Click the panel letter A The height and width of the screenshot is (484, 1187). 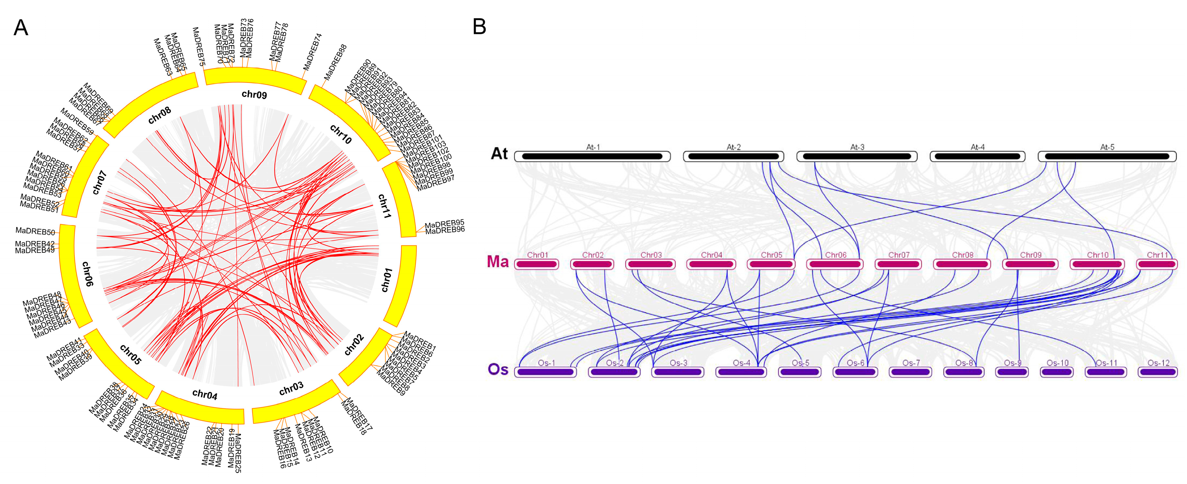tap(21, 28)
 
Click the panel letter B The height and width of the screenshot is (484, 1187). tap(479, 27)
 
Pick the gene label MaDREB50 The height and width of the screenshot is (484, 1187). tap(35, 231)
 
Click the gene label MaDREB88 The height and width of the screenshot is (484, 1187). tap(335, 62)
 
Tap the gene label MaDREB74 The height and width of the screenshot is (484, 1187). tap(312, 52)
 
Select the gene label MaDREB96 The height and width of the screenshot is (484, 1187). tap(445, 230)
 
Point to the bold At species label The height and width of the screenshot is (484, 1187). tap(499, 153)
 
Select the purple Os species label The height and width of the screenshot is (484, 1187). tap(498, 369)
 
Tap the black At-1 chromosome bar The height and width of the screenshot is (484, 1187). tap(592, 157)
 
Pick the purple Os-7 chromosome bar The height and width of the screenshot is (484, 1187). tap(910, 372)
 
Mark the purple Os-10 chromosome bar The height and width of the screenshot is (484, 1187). tap(1057, 372)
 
